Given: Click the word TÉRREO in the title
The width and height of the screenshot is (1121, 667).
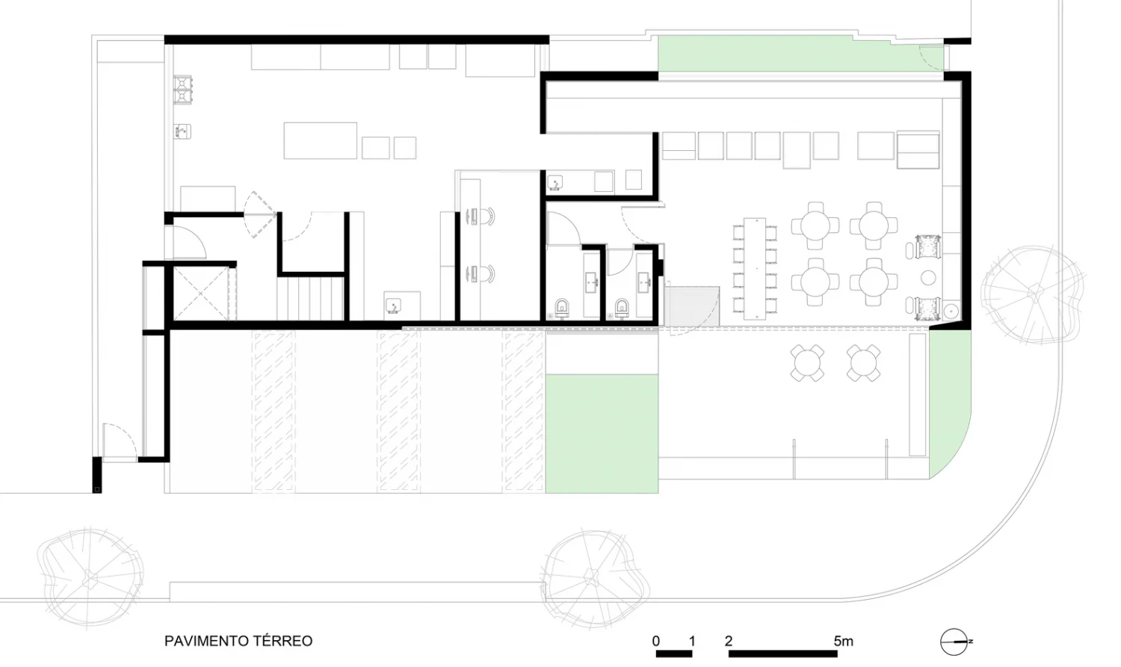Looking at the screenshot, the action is tap(282, 641).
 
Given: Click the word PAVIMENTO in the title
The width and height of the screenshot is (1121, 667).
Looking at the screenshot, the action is tap(206, 641).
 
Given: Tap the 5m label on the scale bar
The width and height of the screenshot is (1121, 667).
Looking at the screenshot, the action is tap(843, 641).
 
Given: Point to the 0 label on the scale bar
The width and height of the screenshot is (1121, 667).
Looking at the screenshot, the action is tap(655, 641).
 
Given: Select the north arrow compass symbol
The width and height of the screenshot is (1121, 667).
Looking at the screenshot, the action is tap(955, 642).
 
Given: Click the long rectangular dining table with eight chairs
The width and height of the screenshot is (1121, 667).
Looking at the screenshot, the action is tap(755, 268).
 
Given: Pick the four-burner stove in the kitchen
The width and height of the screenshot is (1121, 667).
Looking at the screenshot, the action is tap(182, 89).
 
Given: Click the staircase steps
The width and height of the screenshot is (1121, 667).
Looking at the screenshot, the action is tap(310, 299).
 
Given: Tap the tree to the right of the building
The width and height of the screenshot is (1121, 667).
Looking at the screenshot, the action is tap(1032, 295).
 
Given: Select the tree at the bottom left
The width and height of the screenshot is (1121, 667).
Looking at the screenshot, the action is tap(90, 577).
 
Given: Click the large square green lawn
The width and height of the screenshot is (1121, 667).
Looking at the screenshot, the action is tap(602, 433).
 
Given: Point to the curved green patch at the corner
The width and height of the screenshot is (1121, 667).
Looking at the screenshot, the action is tap(949, 403).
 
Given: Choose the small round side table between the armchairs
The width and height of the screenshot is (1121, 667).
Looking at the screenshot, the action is tap(928, 278).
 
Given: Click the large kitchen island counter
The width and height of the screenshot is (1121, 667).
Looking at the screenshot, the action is tap(321, 140).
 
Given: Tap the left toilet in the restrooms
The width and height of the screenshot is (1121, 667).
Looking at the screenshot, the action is tap(562, 308).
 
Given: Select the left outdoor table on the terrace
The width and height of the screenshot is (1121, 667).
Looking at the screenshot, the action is tap(807, 363).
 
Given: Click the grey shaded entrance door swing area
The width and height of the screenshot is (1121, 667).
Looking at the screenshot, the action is tap(691, 306).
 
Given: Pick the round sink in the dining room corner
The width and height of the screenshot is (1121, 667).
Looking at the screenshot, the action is tap(951, 311).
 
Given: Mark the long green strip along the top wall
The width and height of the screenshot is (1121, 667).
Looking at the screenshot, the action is tap(800, 54).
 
